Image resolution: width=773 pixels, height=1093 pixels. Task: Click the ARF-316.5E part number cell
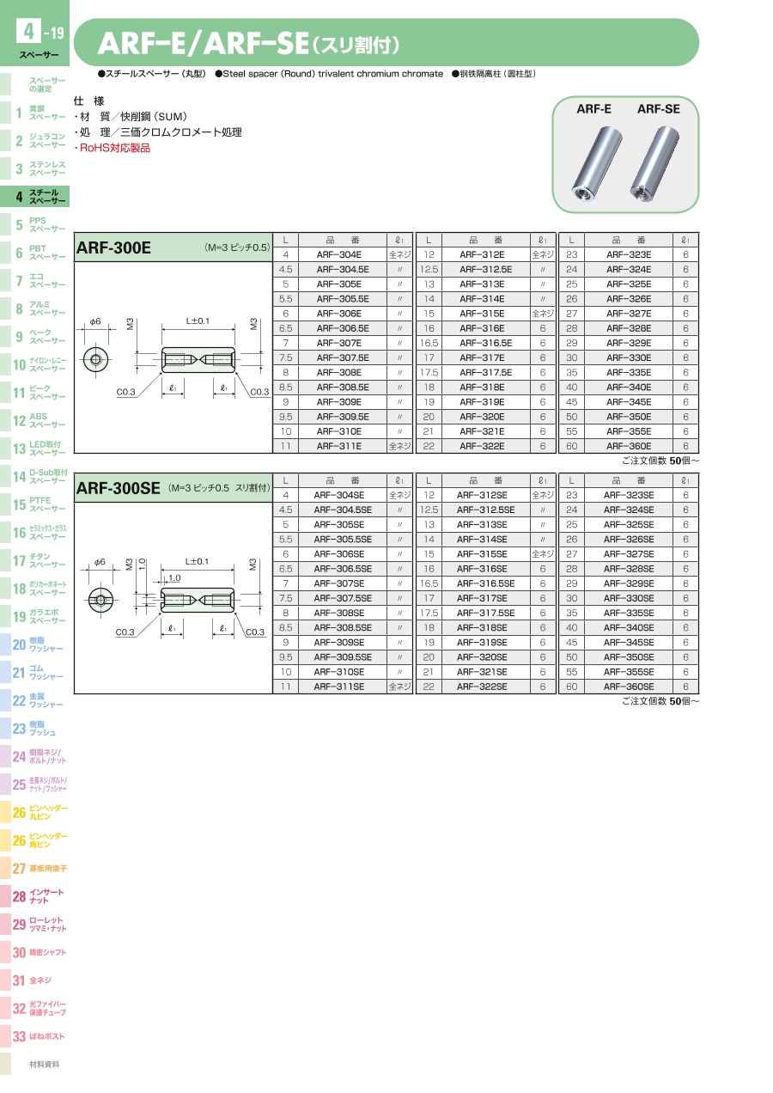486,343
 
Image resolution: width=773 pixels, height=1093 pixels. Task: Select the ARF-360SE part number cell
629,687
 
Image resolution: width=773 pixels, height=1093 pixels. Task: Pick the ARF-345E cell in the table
629,402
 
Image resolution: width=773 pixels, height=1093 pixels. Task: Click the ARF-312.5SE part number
486,510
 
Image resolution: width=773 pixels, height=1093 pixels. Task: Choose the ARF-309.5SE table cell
343,657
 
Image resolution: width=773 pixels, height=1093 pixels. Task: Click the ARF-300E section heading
113,247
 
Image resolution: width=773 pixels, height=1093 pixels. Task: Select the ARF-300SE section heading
118,488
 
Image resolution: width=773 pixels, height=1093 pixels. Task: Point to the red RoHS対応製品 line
113,148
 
